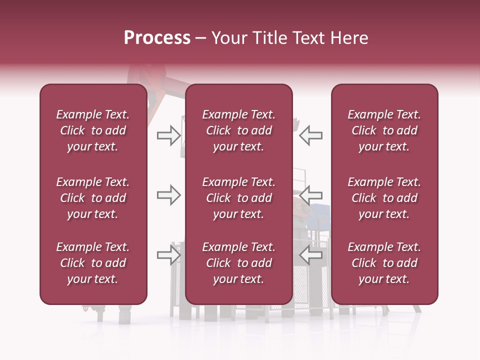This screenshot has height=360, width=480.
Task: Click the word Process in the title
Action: point(157,38)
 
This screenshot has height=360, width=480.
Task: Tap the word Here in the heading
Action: point(348,38)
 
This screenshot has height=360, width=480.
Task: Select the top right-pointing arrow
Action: point(168,135)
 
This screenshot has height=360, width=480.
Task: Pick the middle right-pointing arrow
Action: point(168,195)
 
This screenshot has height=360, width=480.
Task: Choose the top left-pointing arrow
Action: point(311,135)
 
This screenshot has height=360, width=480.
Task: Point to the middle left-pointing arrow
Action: point(311,195)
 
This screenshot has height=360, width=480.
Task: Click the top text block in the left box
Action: point(93,130)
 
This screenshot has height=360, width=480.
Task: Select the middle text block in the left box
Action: point(93,198)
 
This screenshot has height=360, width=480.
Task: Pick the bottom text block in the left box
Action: point(93,263)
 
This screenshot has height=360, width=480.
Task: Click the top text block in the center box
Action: point(239,130)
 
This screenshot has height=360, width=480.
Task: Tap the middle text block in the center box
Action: point(239,198)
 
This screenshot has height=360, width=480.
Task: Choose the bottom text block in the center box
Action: point(239,263)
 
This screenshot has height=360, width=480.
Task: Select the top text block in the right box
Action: point(384,130)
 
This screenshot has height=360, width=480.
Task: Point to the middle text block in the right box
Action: point(384,198)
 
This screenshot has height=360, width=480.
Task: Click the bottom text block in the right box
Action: point(384,263)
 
